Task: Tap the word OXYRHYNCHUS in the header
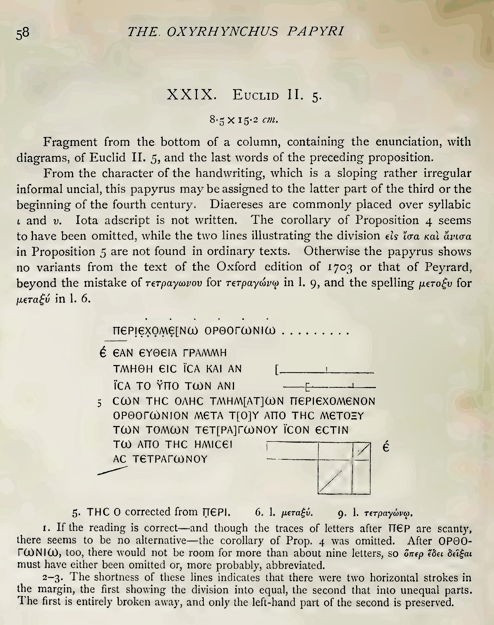(223, 31)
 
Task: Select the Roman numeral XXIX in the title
(190, 95)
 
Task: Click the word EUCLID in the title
(255, 95)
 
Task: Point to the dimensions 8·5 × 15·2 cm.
(244, 120)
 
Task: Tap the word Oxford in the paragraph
(236, 267)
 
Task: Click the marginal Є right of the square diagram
(386, 447)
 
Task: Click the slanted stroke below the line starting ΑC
(112, 471)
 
